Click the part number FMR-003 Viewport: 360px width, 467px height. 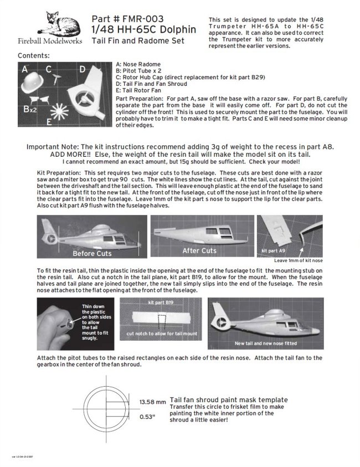128,19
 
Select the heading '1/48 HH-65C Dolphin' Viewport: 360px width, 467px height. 143,29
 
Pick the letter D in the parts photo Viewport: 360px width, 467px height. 83,70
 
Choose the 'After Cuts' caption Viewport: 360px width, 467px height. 199,250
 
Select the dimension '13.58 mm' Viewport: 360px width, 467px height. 152,402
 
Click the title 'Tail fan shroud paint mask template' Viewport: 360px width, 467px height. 229,399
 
